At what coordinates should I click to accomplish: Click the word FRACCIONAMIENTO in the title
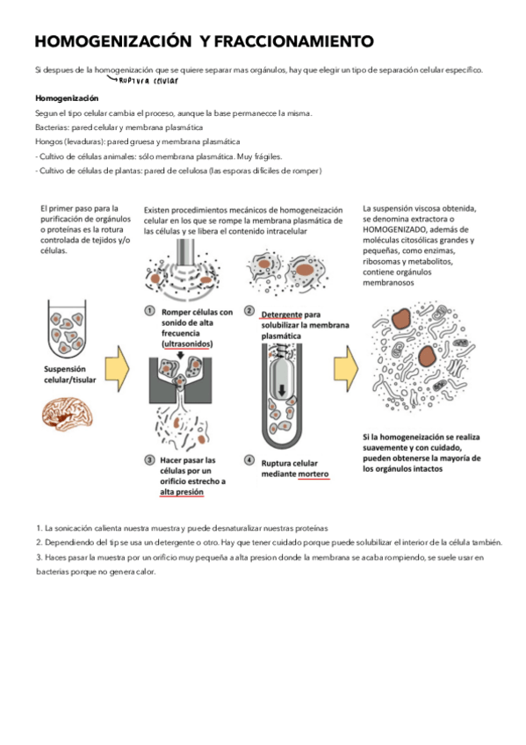click(294, 41)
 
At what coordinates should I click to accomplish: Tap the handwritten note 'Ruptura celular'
click(148, 81)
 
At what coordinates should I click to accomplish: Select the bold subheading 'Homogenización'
click(67, 98)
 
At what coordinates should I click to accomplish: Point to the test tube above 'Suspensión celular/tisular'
click(67, 329)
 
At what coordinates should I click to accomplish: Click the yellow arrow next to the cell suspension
click(118, 369)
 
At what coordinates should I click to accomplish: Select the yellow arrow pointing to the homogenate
click(346, 369)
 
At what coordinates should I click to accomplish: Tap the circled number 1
click(149, 311)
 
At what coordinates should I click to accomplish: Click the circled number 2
click(249, 311)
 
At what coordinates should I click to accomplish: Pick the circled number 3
click(149, 459)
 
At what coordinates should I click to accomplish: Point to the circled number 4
click(249, 459)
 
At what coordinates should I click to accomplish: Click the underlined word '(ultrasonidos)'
click(187, 344)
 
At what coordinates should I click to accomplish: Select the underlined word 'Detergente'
click(282, 315)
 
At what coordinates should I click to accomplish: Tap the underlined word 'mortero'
click(313, 474)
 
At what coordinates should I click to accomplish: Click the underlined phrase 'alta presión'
click(182, 492)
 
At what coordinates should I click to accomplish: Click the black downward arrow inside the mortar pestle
click(282, 390)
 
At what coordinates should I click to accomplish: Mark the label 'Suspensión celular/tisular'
click(69, 374)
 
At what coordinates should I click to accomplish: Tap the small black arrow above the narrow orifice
click(180, 355)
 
